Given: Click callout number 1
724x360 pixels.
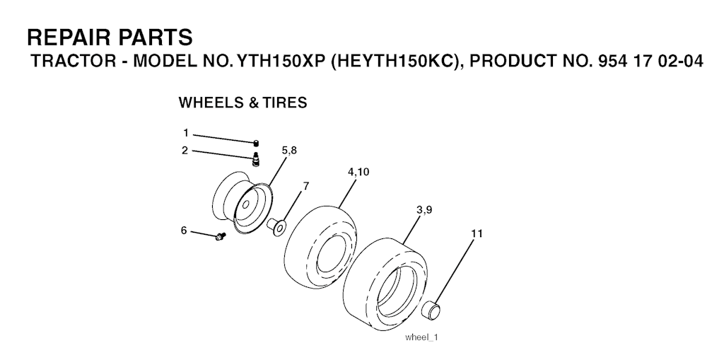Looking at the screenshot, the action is (186, 134).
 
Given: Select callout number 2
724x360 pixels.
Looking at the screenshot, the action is (185, 151).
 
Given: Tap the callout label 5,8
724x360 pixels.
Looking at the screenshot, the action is (289, 150).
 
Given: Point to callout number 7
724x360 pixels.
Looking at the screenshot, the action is (305, 186).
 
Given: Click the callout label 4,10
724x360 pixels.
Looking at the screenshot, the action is (358, 172).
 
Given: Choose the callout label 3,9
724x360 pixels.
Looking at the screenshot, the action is (424, 210).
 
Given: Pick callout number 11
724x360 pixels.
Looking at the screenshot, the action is (477, 234).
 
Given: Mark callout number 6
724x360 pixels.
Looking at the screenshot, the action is (184, 230).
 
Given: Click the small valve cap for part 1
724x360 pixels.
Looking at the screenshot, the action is (256, 143).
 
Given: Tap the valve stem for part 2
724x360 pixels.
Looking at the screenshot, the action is (255, 158).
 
